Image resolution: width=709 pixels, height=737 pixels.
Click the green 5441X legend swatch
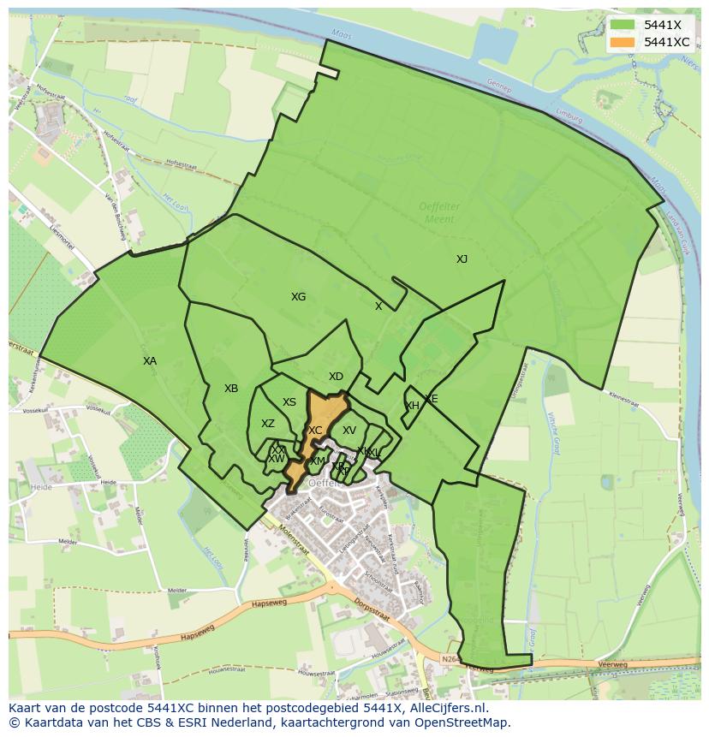click(623, 25)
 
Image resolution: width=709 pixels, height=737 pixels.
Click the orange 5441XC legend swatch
click(623, 42)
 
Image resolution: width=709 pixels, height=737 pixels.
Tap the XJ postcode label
click(462, 259)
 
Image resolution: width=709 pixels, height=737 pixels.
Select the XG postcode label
click(298, 297)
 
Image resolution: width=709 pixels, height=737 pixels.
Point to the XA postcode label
click(150, 361)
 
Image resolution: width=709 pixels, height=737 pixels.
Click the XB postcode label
click(231, 389)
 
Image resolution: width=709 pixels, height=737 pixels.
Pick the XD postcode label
click(336, 377)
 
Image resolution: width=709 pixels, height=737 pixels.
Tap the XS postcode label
click(289, 402)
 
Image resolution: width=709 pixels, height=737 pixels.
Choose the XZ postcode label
click(268, 424)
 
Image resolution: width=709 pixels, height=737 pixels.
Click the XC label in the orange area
click(315, 431)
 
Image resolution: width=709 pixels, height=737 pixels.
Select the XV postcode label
click(349, 431)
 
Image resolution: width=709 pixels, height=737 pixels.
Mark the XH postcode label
click(412, 406)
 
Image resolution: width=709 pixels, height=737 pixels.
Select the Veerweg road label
click(614, 663)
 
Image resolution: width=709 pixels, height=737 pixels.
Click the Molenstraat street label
click(292, 535)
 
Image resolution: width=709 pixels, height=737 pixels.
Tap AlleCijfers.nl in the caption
click(447, 708)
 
